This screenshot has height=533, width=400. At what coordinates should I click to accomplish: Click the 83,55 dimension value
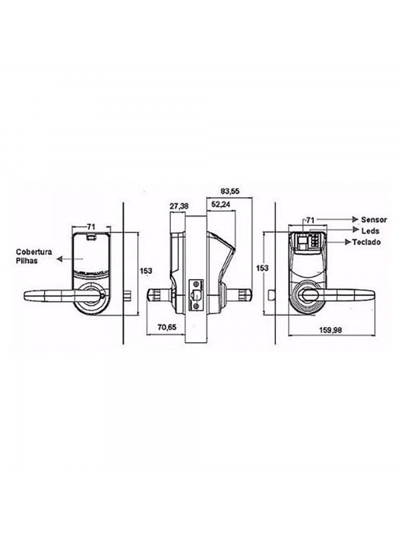(x=230, y=192)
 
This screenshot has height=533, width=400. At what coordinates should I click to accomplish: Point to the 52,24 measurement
(x=221, y=205)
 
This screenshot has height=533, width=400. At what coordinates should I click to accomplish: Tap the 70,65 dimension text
(x=167, y=327)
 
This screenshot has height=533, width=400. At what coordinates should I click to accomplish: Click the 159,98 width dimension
(x=331, y=330)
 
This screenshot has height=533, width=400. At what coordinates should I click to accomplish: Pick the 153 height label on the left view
(x=147, y=271)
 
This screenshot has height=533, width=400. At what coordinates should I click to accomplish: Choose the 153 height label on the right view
(x=262, y=268)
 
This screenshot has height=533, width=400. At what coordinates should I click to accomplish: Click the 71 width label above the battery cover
(x=91, y=227)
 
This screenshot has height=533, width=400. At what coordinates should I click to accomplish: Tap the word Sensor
(x=374, y=220)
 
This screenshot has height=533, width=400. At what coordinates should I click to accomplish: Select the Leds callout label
(x=370, y=231)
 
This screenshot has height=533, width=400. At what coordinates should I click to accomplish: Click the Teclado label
(x=367, y=243)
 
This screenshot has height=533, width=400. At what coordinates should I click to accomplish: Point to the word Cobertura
(x=34, y=253)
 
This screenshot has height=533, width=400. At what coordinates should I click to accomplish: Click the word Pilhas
(x=27, y=261)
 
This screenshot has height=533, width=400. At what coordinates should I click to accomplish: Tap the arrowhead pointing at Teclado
(x=348, y=242)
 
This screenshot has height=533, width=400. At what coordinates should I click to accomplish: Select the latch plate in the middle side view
(x=196, y=294)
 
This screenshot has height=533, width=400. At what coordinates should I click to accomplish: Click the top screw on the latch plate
(x=196, y=284)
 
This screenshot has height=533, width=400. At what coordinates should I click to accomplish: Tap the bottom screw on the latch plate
(x=196, y=306)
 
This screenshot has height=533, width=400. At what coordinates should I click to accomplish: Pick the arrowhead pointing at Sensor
(x=356, y=219)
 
